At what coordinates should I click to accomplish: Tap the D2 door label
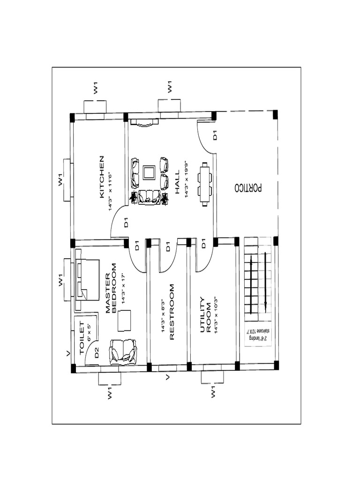coord(96,353)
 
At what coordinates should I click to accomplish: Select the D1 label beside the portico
coord(215,136)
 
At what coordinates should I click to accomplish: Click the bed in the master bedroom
coord(87,279)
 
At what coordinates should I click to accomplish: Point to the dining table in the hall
coord(205,184)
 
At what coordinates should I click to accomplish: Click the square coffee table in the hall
coord(150,172)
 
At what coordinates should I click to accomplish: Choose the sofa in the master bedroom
coord(123,352)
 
